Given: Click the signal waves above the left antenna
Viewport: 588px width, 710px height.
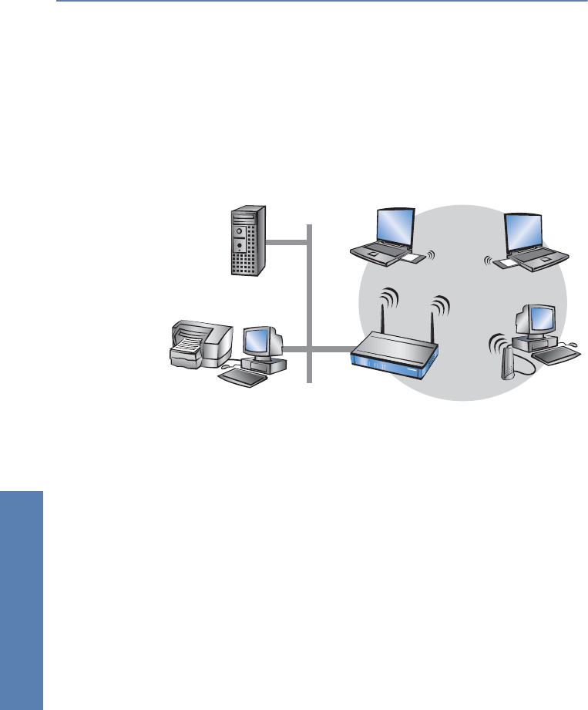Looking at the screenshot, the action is pyautogui.click(x=391, y=298).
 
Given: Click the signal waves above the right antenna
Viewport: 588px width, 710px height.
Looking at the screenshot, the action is pyautogui.click(x=442, y=305).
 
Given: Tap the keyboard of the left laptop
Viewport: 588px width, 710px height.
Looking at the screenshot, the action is pyautogui.click(x=378, y=251).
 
